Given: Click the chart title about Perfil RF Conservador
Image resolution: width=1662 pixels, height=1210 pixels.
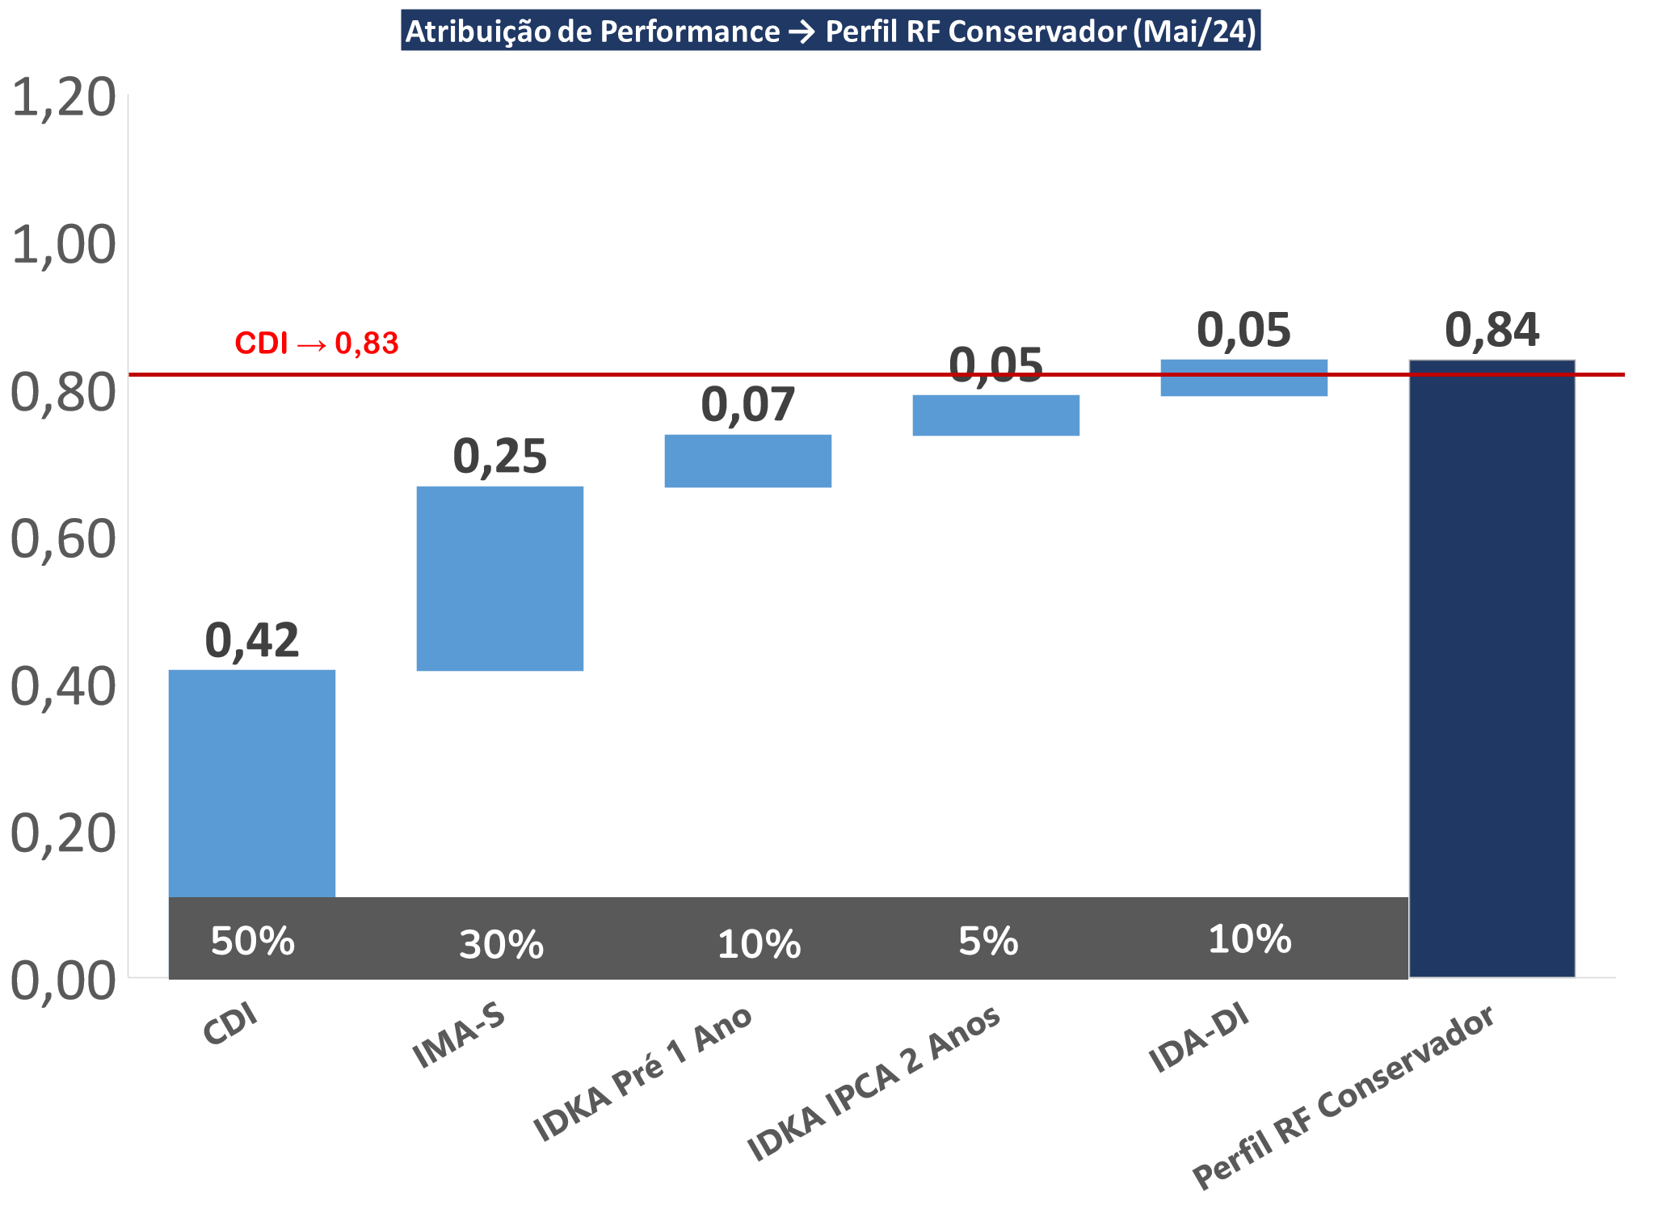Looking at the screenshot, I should (831, 32).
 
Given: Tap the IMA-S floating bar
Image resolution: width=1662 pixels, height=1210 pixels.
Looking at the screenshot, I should (500, 578).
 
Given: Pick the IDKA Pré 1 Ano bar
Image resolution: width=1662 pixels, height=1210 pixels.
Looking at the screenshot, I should (748, 461).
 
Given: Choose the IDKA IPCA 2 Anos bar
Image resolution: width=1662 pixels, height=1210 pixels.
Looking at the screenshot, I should (996, 415).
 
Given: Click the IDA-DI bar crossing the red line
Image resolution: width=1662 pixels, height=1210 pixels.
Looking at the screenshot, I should (1244, 377).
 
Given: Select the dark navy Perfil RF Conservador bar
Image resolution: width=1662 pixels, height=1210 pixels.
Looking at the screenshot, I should (1492, 668).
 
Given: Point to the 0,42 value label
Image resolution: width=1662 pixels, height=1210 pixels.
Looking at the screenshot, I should (252, 641).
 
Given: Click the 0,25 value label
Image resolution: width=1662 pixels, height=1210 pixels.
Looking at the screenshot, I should (500, 457).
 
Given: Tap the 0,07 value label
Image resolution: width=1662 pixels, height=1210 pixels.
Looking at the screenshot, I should (748, 405).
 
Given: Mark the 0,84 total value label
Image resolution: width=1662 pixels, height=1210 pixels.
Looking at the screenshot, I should (1492, 331).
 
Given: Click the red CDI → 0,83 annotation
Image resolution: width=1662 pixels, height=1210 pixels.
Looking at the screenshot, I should (317, 344).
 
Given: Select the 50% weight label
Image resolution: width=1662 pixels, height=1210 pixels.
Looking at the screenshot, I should (253, 942).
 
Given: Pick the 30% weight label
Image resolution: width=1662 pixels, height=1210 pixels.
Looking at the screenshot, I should (502, 945).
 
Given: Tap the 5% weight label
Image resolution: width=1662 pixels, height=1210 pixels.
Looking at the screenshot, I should (988, 942).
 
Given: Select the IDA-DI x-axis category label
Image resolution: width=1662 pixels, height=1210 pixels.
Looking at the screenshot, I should (1199, 1038).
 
